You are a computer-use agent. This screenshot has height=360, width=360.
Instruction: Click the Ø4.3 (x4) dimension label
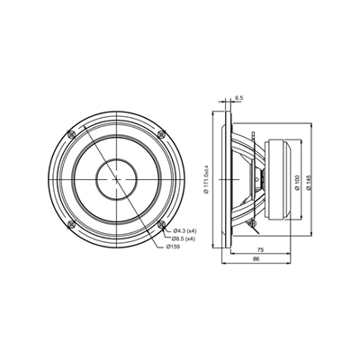[x=186, y=229]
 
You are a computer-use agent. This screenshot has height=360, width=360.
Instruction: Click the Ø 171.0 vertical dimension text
[x=206, y=179]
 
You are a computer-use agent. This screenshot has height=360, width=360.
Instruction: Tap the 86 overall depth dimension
[x=258, y=260]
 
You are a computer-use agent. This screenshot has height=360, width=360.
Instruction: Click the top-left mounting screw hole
[x=72, y=134]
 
